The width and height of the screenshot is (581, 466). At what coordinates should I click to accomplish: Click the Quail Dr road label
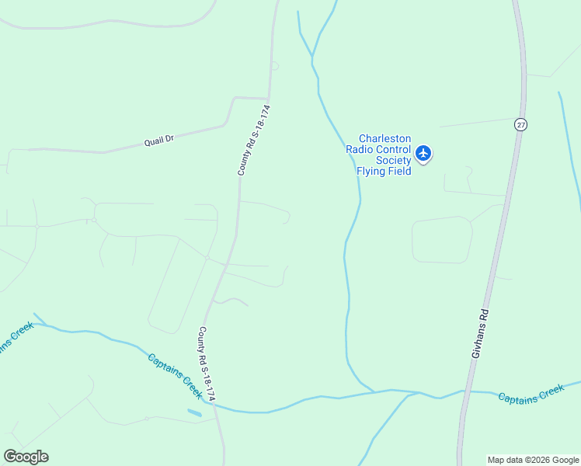click(159, 140)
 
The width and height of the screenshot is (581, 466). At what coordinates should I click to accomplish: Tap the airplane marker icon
click(423, 153)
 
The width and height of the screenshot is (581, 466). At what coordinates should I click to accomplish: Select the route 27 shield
click(520, 124)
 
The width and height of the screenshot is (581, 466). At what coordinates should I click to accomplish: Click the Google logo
click(26, 457)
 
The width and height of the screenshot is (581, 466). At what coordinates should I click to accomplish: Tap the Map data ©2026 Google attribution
click(534, 460)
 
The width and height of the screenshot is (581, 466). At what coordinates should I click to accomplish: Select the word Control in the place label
click(393, 150)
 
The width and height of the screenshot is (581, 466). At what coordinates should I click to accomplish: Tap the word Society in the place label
click(392, 160)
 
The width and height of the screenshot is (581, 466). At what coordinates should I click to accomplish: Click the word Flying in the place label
click(371, 171)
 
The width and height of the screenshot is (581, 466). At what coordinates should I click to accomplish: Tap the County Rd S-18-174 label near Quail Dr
click(254, 140)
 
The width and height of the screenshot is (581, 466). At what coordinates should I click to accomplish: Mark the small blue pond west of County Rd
click(194, 412)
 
